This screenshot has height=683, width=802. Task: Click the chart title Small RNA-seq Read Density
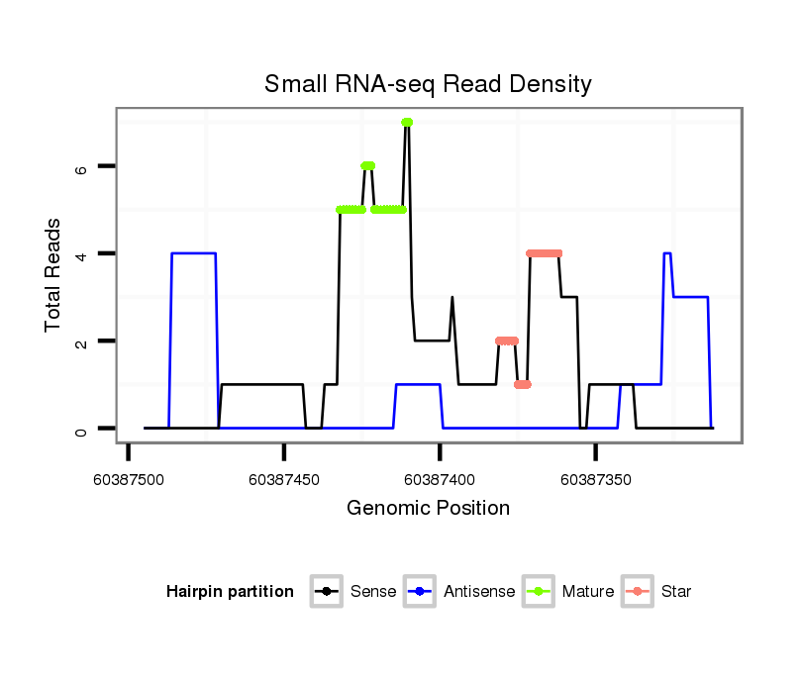point(428,84)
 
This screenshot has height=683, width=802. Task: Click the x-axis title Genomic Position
point(428,509)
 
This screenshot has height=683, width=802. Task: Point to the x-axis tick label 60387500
point(128,479)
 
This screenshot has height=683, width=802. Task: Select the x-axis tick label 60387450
point(284,479)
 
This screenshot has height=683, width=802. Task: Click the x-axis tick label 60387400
point(440,479)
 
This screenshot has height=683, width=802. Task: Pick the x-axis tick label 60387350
point(595,479)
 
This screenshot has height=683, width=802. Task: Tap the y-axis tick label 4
point(81,253)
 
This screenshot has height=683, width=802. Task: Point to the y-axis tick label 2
point(81,341)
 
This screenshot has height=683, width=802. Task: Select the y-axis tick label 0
point(81,429)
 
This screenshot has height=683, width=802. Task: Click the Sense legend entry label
point(373,592)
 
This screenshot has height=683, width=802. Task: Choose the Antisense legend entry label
point(479,592)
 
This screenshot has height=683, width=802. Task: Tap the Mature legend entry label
point(588,592)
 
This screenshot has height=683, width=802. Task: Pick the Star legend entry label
point(676,592)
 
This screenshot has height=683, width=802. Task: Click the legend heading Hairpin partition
point(230,592)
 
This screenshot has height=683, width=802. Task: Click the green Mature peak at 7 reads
point(407,122)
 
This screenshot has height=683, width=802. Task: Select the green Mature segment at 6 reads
point(367,165)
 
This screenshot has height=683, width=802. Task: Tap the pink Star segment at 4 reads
point(545,253)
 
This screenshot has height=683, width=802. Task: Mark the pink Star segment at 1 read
point(523,384)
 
